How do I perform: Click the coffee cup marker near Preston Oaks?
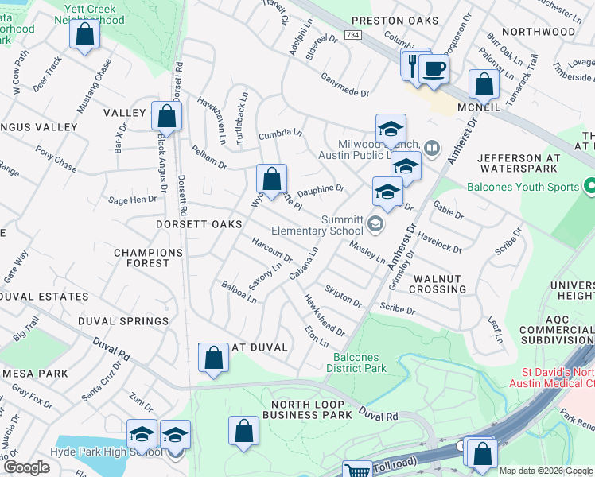point(434,68)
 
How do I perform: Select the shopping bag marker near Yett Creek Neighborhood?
point(84,36)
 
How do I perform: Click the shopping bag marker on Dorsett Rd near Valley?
point(166,116)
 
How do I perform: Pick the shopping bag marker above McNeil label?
point(483,84)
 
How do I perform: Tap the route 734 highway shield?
point(352,36)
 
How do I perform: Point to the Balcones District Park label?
point(357,363)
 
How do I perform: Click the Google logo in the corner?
point(26,467)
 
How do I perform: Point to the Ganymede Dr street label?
point(344,83)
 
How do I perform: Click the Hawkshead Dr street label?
point(324,315)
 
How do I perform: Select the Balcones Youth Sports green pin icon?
point(589,188)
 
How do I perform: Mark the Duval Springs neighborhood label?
point(123,321)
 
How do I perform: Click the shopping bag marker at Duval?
point(213,358)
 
